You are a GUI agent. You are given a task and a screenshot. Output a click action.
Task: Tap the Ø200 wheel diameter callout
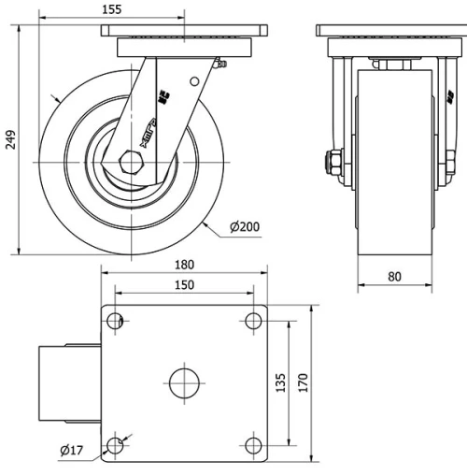coord(246,226)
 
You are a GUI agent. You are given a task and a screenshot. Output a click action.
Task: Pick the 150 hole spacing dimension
coord(184,284)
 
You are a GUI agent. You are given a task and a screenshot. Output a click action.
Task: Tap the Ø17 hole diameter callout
coord(72,452)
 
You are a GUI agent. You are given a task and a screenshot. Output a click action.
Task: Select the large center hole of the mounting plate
coord(184,382)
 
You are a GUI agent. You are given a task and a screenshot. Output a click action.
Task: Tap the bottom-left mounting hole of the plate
coord(116,445)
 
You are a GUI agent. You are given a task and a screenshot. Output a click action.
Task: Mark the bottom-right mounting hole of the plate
coord(252,445)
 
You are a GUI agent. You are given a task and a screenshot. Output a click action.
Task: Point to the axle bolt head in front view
coord(330,163)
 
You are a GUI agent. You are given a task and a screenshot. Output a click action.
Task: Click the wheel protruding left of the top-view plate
coord(68,382)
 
